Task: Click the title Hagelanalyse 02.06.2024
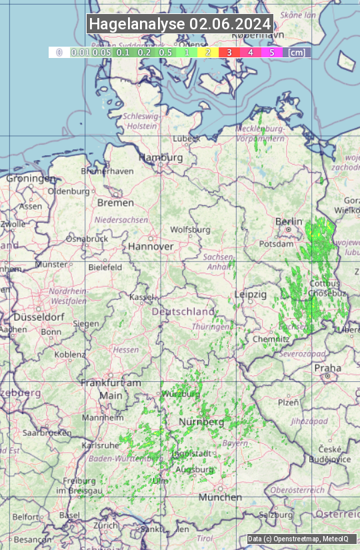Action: [x=180, y=24]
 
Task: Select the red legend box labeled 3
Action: [x=229, y=52]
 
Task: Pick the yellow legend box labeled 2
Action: [x=207, y=52]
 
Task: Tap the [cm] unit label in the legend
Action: [x=297, y=52]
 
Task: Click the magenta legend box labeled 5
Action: [x=271, y=52]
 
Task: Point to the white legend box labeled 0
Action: [x=59, y=52]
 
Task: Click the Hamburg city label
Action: [x=161, y=157]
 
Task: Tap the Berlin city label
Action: [x=289, y=221]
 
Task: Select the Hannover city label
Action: [x=151, y=246]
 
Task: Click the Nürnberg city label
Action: [x=201, y=422]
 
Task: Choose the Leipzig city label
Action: [x=251, y=294]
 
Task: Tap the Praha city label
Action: [x=327, y=368]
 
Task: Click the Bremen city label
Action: [x=115, y=202]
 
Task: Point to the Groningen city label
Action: [x=31, y=179]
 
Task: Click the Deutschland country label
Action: [x=183, y=311]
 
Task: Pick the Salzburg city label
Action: [x=276, y=515]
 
